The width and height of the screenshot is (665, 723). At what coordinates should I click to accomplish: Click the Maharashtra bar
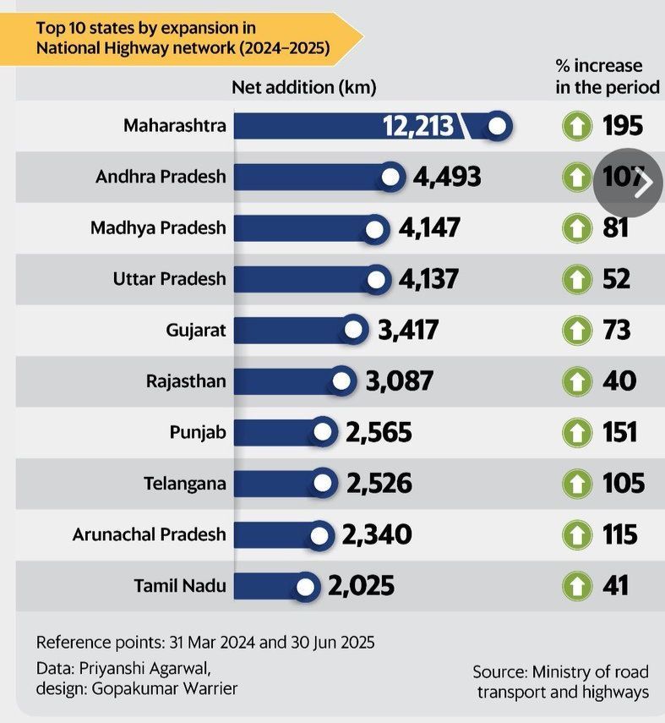[304, 126]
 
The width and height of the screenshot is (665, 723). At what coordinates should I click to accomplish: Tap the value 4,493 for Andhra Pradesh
[447, 177]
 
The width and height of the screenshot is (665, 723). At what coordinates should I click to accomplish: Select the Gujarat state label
[196, 330]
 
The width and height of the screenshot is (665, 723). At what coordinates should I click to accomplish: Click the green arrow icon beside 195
[576, 127]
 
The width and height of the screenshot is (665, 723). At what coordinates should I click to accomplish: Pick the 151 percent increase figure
[619, 432]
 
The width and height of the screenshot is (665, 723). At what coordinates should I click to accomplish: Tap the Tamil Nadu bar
[267, 585]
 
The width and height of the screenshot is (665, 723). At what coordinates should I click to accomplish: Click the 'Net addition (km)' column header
[304, 87]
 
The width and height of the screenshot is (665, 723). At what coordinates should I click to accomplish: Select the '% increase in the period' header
[606, 76]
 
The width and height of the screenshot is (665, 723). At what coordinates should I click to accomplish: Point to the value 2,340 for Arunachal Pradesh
[377, 534]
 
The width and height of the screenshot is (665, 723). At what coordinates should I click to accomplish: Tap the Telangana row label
[184, 484]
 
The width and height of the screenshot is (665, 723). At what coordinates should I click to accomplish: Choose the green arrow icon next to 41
[576, 585]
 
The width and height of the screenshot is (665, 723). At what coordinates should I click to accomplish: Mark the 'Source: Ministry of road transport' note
[561, 682]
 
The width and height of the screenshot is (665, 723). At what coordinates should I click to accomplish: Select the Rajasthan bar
[287, 381]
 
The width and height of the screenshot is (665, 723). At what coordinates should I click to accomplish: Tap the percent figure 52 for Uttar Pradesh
[616, 279]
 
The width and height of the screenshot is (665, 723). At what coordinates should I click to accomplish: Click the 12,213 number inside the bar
[418, 127]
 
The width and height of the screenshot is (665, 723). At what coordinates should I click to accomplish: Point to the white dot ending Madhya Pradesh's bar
[375, 228]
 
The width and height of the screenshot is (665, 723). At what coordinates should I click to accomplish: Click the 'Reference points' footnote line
[205, 641]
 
